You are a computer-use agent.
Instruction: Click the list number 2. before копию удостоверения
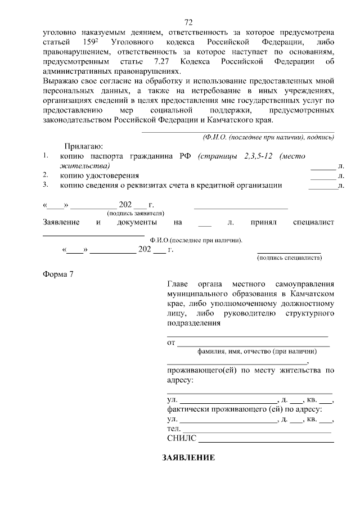point(46,175)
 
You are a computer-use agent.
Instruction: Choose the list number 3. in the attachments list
point(46,184)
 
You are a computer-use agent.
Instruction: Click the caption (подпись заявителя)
point(136,213)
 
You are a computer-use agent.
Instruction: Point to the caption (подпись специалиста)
point(289,258)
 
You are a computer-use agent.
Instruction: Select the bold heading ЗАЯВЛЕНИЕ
point(188,458)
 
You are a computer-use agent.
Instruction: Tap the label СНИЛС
point(181,439)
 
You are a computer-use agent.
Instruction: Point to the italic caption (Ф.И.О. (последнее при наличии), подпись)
point(268,138)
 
